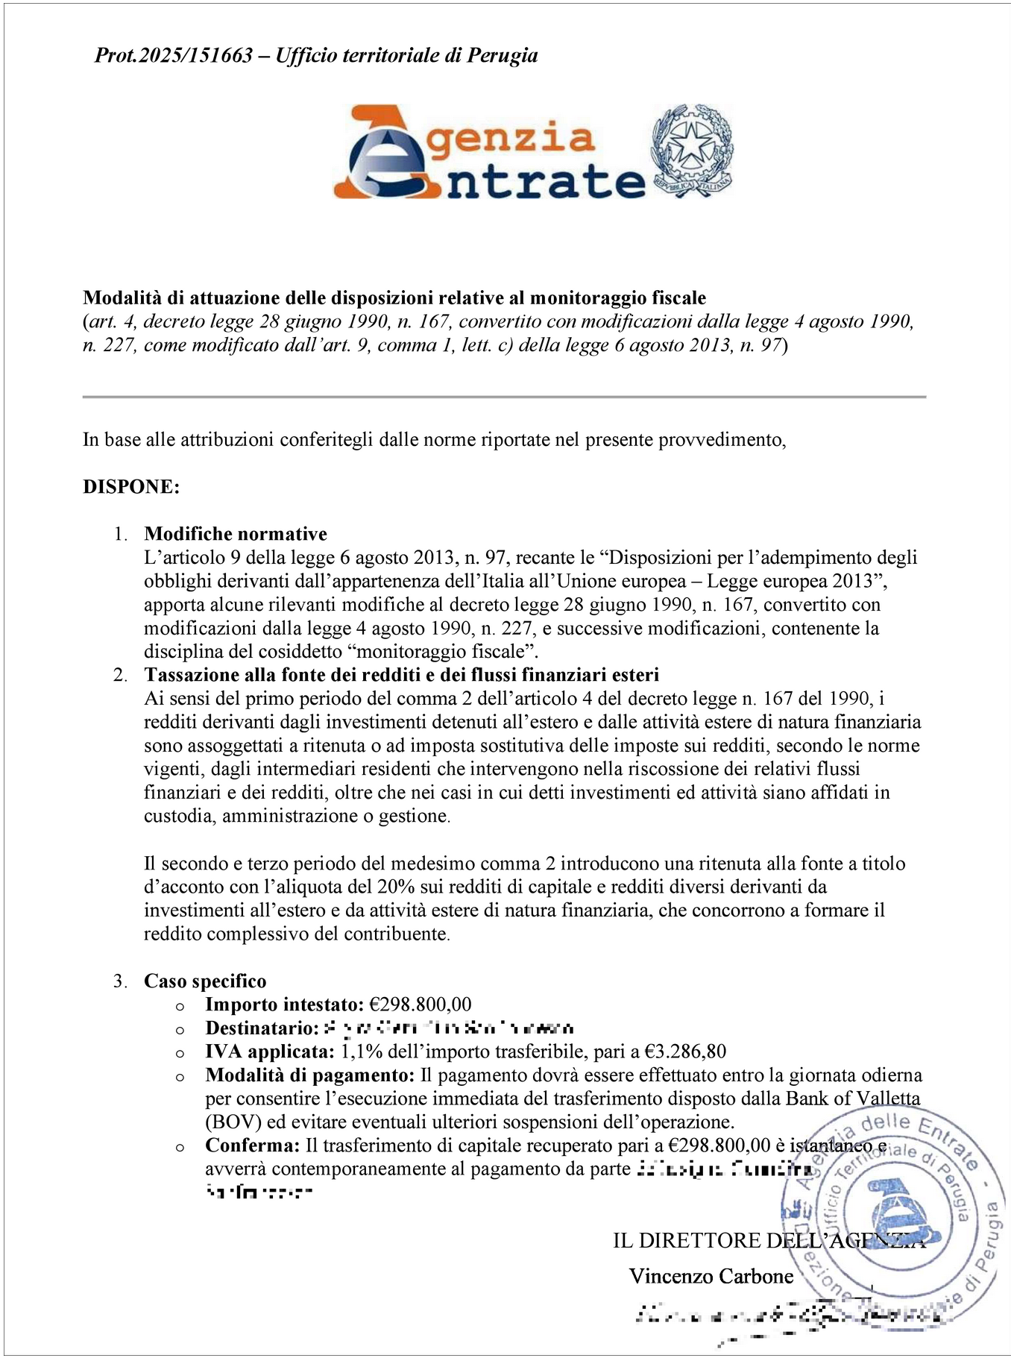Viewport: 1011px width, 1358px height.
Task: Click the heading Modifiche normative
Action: pos(236,533)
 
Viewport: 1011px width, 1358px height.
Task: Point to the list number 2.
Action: pos(119,675)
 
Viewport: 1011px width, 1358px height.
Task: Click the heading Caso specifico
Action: pos(205,981)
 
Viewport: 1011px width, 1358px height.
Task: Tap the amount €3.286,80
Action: pos(685,1051)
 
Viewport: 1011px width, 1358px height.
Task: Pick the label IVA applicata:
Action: pos(270,1051)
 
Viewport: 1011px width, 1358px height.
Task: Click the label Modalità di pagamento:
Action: pos(309,1075)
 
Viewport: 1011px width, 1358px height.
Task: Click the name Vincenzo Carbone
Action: pos(711,1276)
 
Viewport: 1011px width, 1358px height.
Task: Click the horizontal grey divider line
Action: pos(504,397)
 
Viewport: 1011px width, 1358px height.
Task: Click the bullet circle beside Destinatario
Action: pos(180,1030)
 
